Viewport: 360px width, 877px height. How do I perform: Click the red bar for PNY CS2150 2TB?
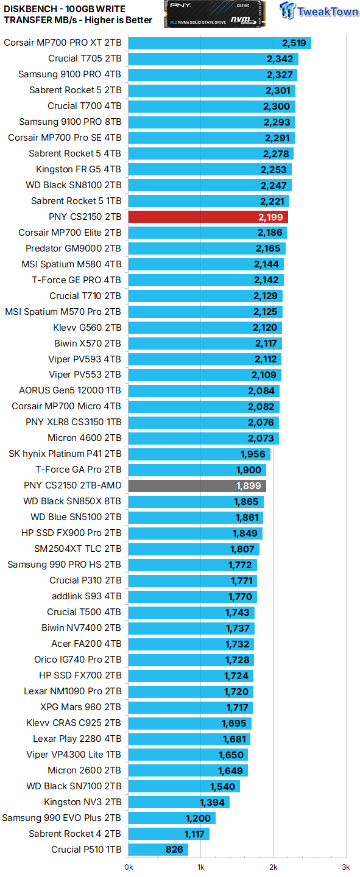click(x=207, y=217)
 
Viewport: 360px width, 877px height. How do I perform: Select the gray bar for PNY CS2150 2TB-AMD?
click(x=196, y=485)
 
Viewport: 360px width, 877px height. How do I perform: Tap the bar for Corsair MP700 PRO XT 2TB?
click(x=219, y=43)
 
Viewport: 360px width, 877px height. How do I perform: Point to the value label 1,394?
click(x=212, y=802)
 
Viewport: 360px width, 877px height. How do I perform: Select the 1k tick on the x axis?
click(x=200, y=867)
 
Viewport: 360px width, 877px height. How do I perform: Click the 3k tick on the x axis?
click(x=345, y=867)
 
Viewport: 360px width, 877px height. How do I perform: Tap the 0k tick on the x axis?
click(x=129, y=867)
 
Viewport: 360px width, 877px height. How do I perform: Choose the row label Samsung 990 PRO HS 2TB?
click(x=64, y=565)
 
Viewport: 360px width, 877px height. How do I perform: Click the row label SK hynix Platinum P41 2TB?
click(x=65, y=454)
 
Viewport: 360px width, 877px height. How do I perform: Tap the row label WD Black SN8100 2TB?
click(x=73, y=185)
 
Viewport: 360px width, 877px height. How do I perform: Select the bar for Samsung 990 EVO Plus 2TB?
click(x=171, y=818)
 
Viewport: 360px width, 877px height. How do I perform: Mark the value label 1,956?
click(x=253, y=454)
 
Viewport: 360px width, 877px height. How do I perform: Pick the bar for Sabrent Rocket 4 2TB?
click(x=168, y=834)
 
